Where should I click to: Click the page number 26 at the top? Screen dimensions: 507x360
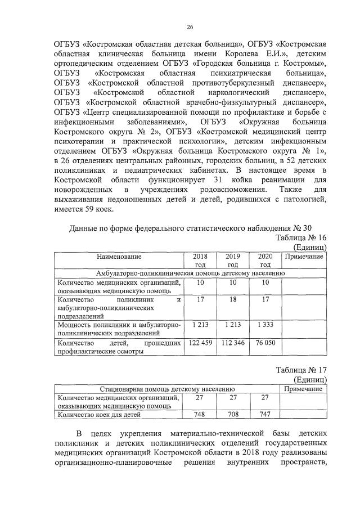point(190,26)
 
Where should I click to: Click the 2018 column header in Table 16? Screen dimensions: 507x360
point(200,260)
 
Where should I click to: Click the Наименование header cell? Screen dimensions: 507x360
point(118,257)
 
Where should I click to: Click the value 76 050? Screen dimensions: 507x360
point(265,342)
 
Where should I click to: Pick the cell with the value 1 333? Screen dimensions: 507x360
point(265,325)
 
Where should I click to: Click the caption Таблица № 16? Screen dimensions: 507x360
point(301,237)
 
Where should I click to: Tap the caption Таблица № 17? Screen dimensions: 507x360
point(301,370)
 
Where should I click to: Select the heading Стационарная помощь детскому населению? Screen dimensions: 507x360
point(167,389)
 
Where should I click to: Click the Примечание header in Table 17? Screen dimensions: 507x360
point(304,389)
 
